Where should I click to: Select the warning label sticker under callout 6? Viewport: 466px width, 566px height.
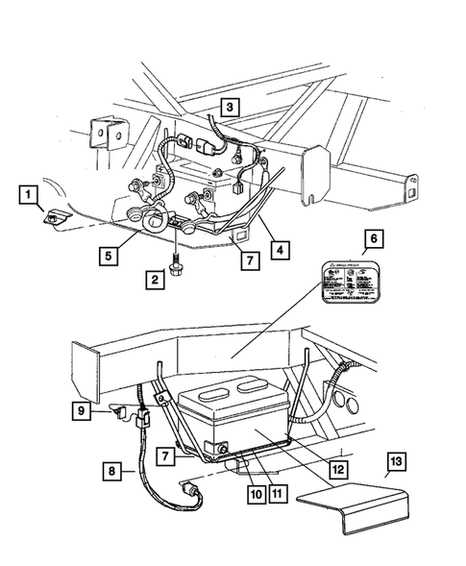tap(355, 284)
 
